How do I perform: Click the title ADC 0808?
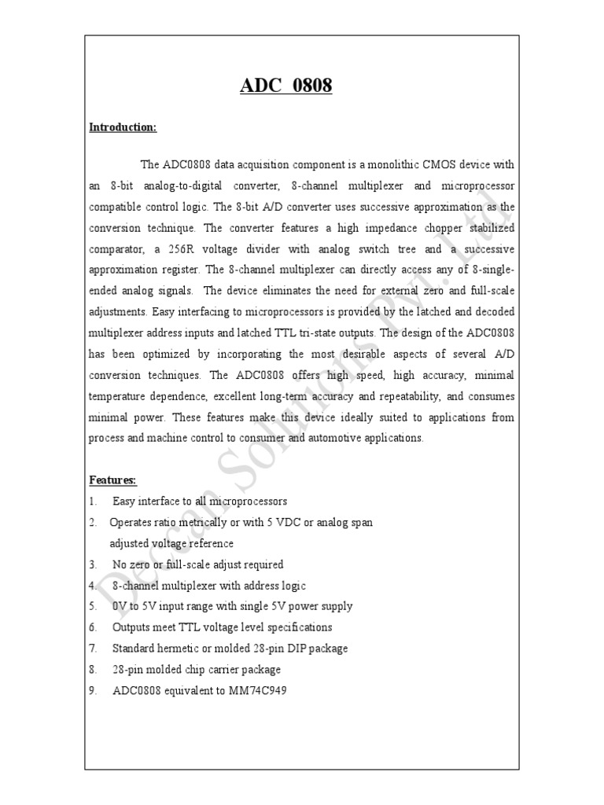(x=285, y=86)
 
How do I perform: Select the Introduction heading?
(x=123, y=127)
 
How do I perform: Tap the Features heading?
(x=112, y=479)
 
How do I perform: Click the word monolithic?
(x=387, y=164)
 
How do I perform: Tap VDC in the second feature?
(x=285, y=522)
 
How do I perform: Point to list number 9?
(x=93, y=691)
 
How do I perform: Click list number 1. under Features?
(x=93, y=501)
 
